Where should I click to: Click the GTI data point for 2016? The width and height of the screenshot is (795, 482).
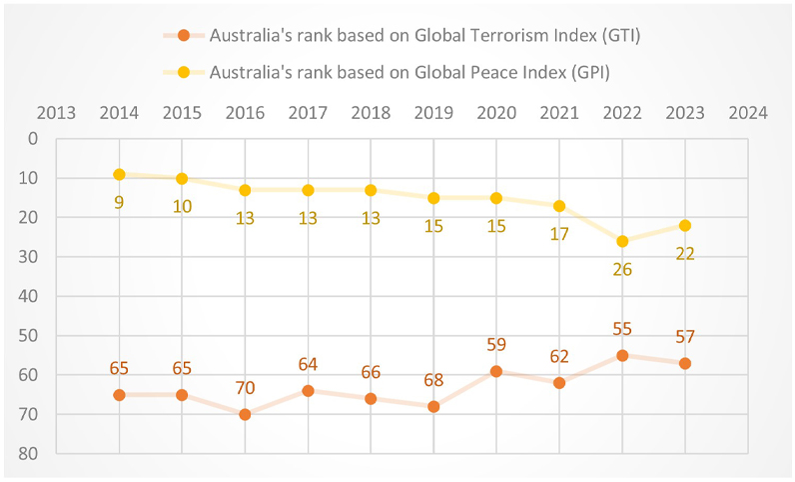[x=245, y=414]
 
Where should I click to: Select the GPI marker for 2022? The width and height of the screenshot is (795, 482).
[x=622, y=241]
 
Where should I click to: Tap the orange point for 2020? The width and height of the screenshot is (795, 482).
[x=496, y=371]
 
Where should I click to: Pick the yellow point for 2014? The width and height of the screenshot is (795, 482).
[x=119, y=174]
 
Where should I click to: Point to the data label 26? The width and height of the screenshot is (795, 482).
[x=622, y=268]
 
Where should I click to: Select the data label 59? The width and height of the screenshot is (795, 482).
[x=496, y=345]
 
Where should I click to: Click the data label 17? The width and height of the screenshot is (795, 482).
[x=559, y=234]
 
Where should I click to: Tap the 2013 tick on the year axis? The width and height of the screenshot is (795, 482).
[x=56, y=112]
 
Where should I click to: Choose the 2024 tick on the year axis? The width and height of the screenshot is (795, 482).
[x=748, y=112]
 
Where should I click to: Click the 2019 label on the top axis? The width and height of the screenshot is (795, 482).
[x=433, y=112]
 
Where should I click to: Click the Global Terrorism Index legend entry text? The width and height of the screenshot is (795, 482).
[x=424, y=35]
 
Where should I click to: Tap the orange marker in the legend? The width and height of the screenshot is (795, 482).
[x=183, y=36]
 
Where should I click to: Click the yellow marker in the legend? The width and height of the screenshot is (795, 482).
[x=183, y=72]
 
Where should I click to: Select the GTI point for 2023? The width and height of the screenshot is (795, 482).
[x=685, y=363]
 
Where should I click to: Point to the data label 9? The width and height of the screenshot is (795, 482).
[x=119, y=201]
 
